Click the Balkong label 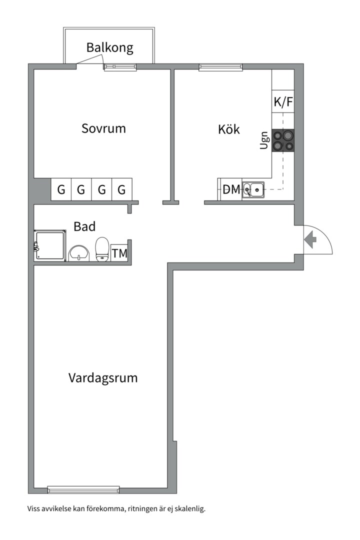point(109,48)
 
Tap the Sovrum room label point(103,128)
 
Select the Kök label point(228,129)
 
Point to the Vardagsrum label point(103,377)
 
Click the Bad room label point(84,226)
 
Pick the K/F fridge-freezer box point(283,102)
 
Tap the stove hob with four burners point(282,140)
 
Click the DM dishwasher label point(231,190)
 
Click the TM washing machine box point(119,253)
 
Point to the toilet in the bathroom point(102,249)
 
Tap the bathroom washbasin point(78,253)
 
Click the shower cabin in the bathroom point(50,245)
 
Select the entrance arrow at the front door point(310,239)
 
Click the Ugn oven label point(264,140)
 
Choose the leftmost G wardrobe point(61,190)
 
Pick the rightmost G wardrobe point(121,190)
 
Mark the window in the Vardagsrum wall point(83,489)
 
